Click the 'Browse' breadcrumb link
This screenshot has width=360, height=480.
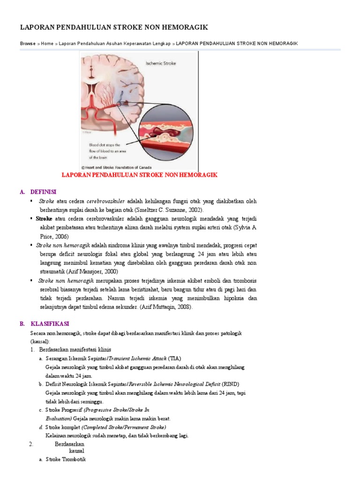(x=28, y=44)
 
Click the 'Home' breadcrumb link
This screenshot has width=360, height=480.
(x=47, y=44)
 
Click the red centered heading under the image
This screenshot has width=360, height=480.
(x=140, y=175)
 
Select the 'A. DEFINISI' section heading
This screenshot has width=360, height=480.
(x=38, y=192)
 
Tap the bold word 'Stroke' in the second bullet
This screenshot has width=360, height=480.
(x=44, y=219)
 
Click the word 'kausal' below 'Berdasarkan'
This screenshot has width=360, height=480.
(x=76, y=450)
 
